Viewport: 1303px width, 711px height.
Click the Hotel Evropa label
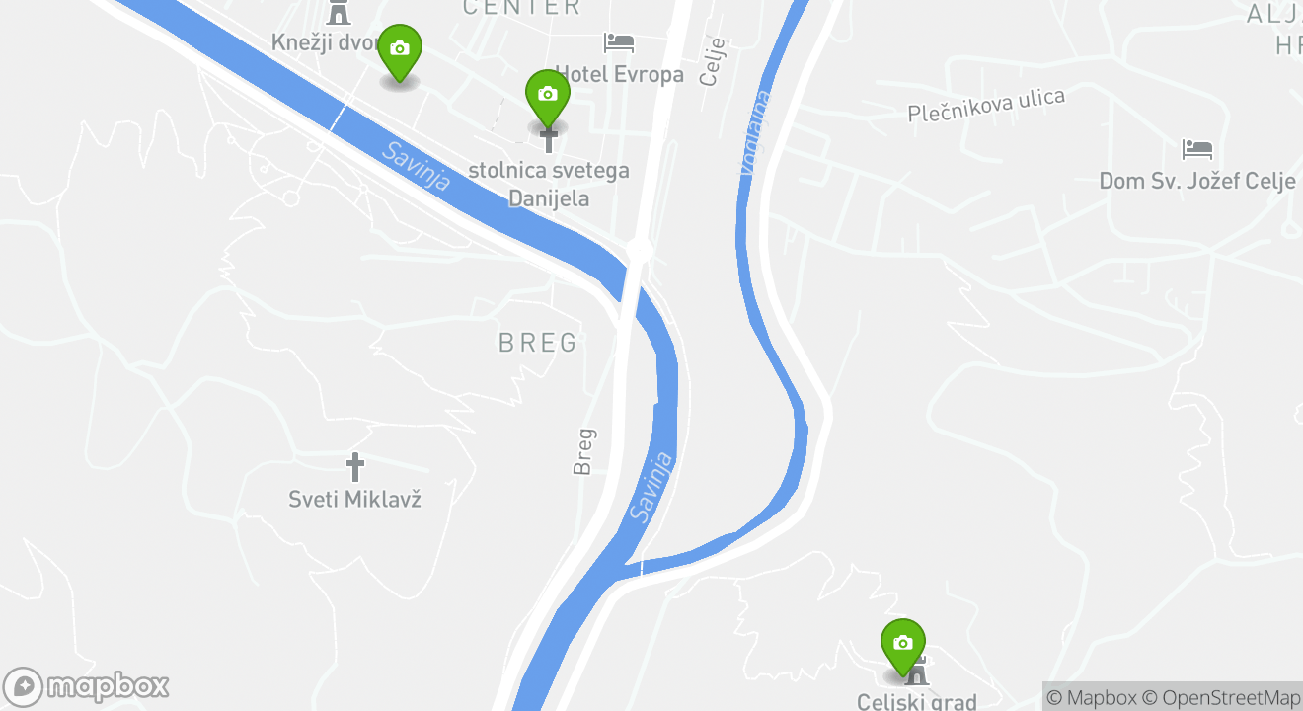point(619,75)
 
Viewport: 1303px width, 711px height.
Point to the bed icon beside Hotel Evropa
point(619,42)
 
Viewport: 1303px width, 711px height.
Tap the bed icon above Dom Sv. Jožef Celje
point(1196,149)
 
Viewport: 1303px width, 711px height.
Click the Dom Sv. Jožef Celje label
point(1196,182)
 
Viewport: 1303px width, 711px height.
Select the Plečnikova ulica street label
point(986,105)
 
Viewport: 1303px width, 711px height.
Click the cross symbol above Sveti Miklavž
point(355,467)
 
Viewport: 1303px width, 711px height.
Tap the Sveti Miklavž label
point(355,499)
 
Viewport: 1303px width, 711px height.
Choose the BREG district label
point(538,343)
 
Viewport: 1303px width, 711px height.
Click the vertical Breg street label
point(584,450)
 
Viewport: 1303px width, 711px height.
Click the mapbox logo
point(87,686)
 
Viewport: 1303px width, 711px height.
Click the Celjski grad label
point(916,702)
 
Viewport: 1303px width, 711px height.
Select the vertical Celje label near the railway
point(712,61)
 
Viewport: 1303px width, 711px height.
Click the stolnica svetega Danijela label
point(549,184)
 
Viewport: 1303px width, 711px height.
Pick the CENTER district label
point(521,8)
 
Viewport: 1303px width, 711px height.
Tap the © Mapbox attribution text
point(1092,697)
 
